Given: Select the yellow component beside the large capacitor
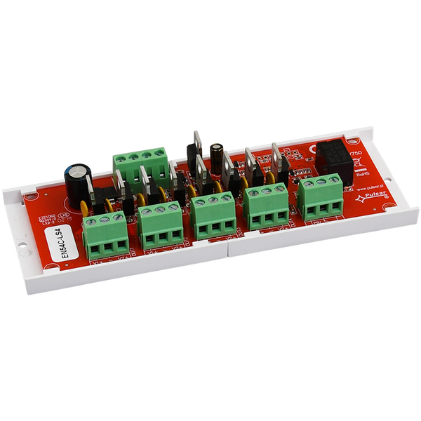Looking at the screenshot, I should [85, 207].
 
